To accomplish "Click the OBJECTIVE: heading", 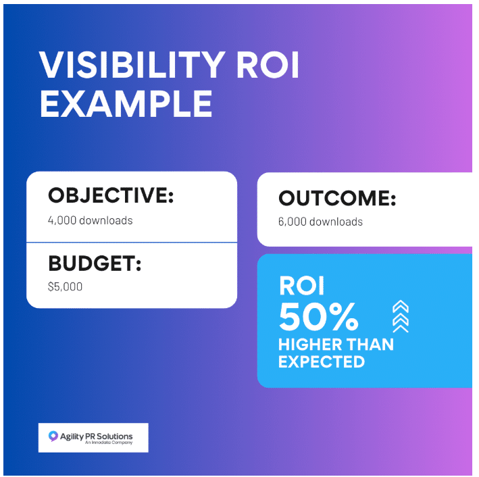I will click(111, 196).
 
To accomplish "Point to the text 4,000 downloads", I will click(90, 220).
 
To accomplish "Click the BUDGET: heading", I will click(95, 263).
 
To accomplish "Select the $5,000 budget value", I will click(65, 286).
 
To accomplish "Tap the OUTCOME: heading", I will click(337, 199).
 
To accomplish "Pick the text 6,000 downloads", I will click(320, 222).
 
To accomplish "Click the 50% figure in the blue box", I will click(319, 316).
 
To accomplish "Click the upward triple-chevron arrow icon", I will click(400, 316).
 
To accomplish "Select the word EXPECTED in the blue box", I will click(322, 361).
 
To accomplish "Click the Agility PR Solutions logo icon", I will click(53, 436).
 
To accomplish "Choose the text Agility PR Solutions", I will click(96, 436).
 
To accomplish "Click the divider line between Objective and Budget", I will click(132, 242).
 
